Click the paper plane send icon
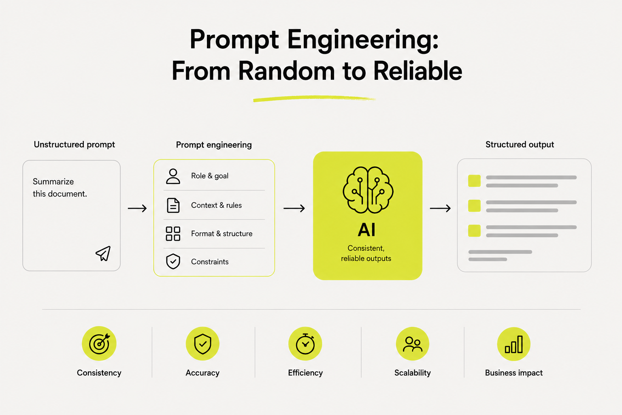[x=103, y=254]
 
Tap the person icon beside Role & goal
[x=173, y=176]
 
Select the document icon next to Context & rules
[x=173, y=205]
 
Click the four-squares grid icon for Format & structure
[x=173, y=233]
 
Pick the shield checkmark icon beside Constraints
[x=173, y=261]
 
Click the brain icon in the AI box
[x=368, y=190]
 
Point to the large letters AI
[x=366, y=230]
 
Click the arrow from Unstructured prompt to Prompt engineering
[x=137, y=208]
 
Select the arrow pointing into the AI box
[x=294, y=208]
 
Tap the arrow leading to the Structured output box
[x=440, y=208]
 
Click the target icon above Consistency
[x=99, y=344]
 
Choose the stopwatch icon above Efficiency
[x=305, y=344]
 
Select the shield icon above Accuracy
[x=203, y=344]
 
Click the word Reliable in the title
[x=418, y=71]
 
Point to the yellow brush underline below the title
[x=314, y=98]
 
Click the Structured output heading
[x=520, y=145]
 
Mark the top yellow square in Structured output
[x=474, y=181]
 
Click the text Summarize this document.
[x=60, y=188]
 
